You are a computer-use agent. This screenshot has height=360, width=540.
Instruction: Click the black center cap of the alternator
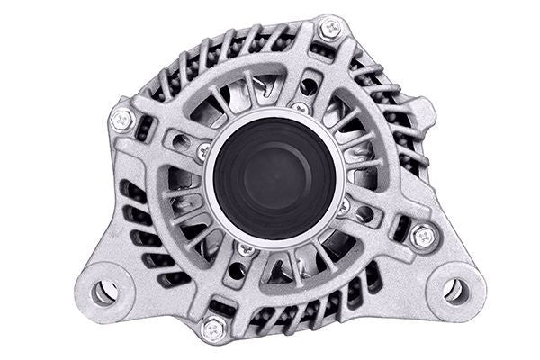274,176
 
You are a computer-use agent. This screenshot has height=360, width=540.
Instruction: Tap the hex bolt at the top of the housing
330,30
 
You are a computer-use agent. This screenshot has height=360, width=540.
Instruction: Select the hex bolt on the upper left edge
121,118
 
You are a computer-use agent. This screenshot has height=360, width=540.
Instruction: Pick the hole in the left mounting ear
103,291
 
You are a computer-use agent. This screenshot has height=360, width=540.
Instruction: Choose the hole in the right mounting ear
454,290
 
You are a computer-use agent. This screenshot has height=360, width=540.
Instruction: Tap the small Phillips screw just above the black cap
301,109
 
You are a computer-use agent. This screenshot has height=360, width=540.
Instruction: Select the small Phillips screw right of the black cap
343,206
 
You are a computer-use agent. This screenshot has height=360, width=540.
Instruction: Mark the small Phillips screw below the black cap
245,247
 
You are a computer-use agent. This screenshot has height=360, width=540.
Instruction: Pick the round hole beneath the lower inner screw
236,269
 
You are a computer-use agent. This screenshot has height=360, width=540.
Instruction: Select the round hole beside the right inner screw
364,215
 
